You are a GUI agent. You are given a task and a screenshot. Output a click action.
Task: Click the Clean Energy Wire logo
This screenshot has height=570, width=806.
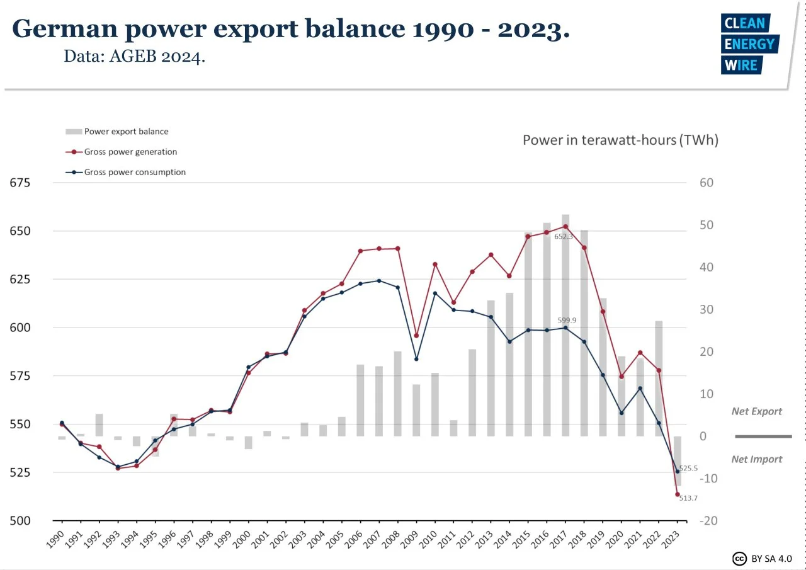pyautogui.click(x=749, y=44)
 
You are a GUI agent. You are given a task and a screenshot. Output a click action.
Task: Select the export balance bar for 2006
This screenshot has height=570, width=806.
pyautogui.click(x=360, y=401)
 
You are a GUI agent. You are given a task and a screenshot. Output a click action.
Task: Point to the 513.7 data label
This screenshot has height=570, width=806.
pyautogui.click(x=688, y=498)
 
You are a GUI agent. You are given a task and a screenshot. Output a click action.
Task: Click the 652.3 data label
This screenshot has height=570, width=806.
pyautogui.click(x=564, y=237)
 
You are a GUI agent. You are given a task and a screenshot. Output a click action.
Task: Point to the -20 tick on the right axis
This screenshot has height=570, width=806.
pyautogui.click(x=707, y=521)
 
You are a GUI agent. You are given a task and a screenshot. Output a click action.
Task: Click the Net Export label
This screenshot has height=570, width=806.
pyautogui.click(x=756, y=411)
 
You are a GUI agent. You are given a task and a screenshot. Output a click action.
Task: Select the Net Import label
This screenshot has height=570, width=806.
pyautogui.click(x=756, y=459)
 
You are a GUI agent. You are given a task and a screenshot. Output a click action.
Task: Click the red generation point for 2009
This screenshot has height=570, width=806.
pyautogui.click(x=416, y=336)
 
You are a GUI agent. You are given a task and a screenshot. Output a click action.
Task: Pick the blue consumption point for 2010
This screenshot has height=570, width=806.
pyautogui.click(x=434, y=294)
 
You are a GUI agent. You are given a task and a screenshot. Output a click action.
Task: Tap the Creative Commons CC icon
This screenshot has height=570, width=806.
pyautogui.click(x=739, y=559)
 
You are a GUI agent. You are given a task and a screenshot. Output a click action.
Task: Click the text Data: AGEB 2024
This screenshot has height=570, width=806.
pyautogui.click(x=135, y=57)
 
